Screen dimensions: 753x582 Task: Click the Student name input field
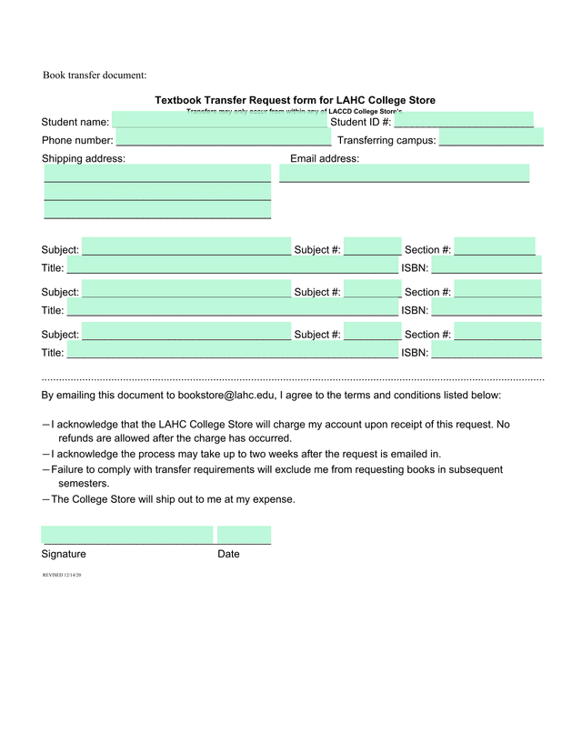(219, 121)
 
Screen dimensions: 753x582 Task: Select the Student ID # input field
(464, 121)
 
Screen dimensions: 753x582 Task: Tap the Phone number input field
(224, 139)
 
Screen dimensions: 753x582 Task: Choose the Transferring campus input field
(491, 139)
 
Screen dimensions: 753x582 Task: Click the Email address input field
(405, 173)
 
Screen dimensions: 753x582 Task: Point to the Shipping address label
(84, 159)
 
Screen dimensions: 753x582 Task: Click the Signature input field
(127, 535)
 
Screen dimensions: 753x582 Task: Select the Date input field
(244, 535)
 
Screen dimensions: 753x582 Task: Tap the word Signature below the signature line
(64, 554)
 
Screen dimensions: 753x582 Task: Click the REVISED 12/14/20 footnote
(62, 576)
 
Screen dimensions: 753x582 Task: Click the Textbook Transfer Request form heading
(295, 100)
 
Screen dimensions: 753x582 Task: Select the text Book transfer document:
(95, 75)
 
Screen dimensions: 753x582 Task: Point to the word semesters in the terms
(83, 484)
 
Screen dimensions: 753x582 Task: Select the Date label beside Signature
(228, 554)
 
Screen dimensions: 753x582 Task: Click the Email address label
(325, 159)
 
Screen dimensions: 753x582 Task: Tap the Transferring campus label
(386, 141)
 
